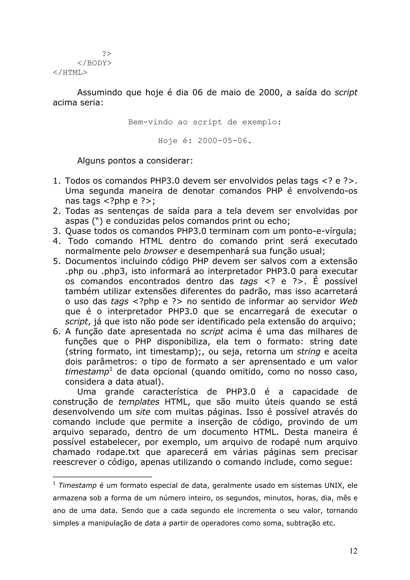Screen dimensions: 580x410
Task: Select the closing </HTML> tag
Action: pos(70,72)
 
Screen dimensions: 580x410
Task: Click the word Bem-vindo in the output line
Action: pos(150,122)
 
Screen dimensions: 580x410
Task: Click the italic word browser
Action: pos(160,251)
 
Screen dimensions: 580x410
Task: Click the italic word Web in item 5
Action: pos(348,301)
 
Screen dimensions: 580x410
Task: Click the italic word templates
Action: pos(139,402)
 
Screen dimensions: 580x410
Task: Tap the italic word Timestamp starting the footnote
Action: pos(77,486)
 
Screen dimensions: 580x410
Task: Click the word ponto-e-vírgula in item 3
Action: pos(322,231)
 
